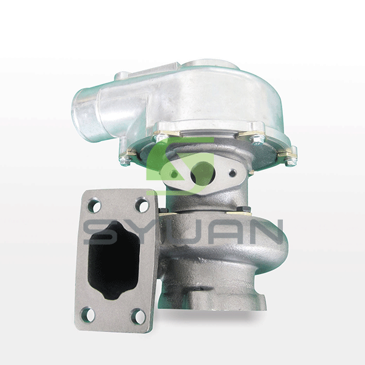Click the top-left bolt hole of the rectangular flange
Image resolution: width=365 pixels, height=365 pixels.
click(x=94, y=206)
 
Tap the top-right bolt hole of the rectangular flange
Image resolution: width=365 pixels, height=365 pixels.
click(x=142, y=205)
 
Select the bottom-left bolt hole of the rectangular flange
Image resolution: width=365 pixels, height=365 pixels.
click(x=88, y=315)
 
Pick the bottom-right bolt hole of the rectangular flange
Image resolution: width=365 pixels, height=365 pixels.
click(x=138, y=316)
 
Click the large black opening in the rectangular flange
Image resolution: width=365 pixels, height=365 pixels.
click(x=114, y=260)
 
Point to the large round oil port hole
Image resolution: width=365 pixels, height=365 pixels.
click(x=202, y=173)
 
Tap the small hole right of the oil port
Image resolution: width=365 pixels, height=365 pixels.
click(x=232, y=173)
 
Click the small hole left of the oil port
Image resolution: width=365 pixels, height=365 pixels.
click(x=173, y=173)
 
